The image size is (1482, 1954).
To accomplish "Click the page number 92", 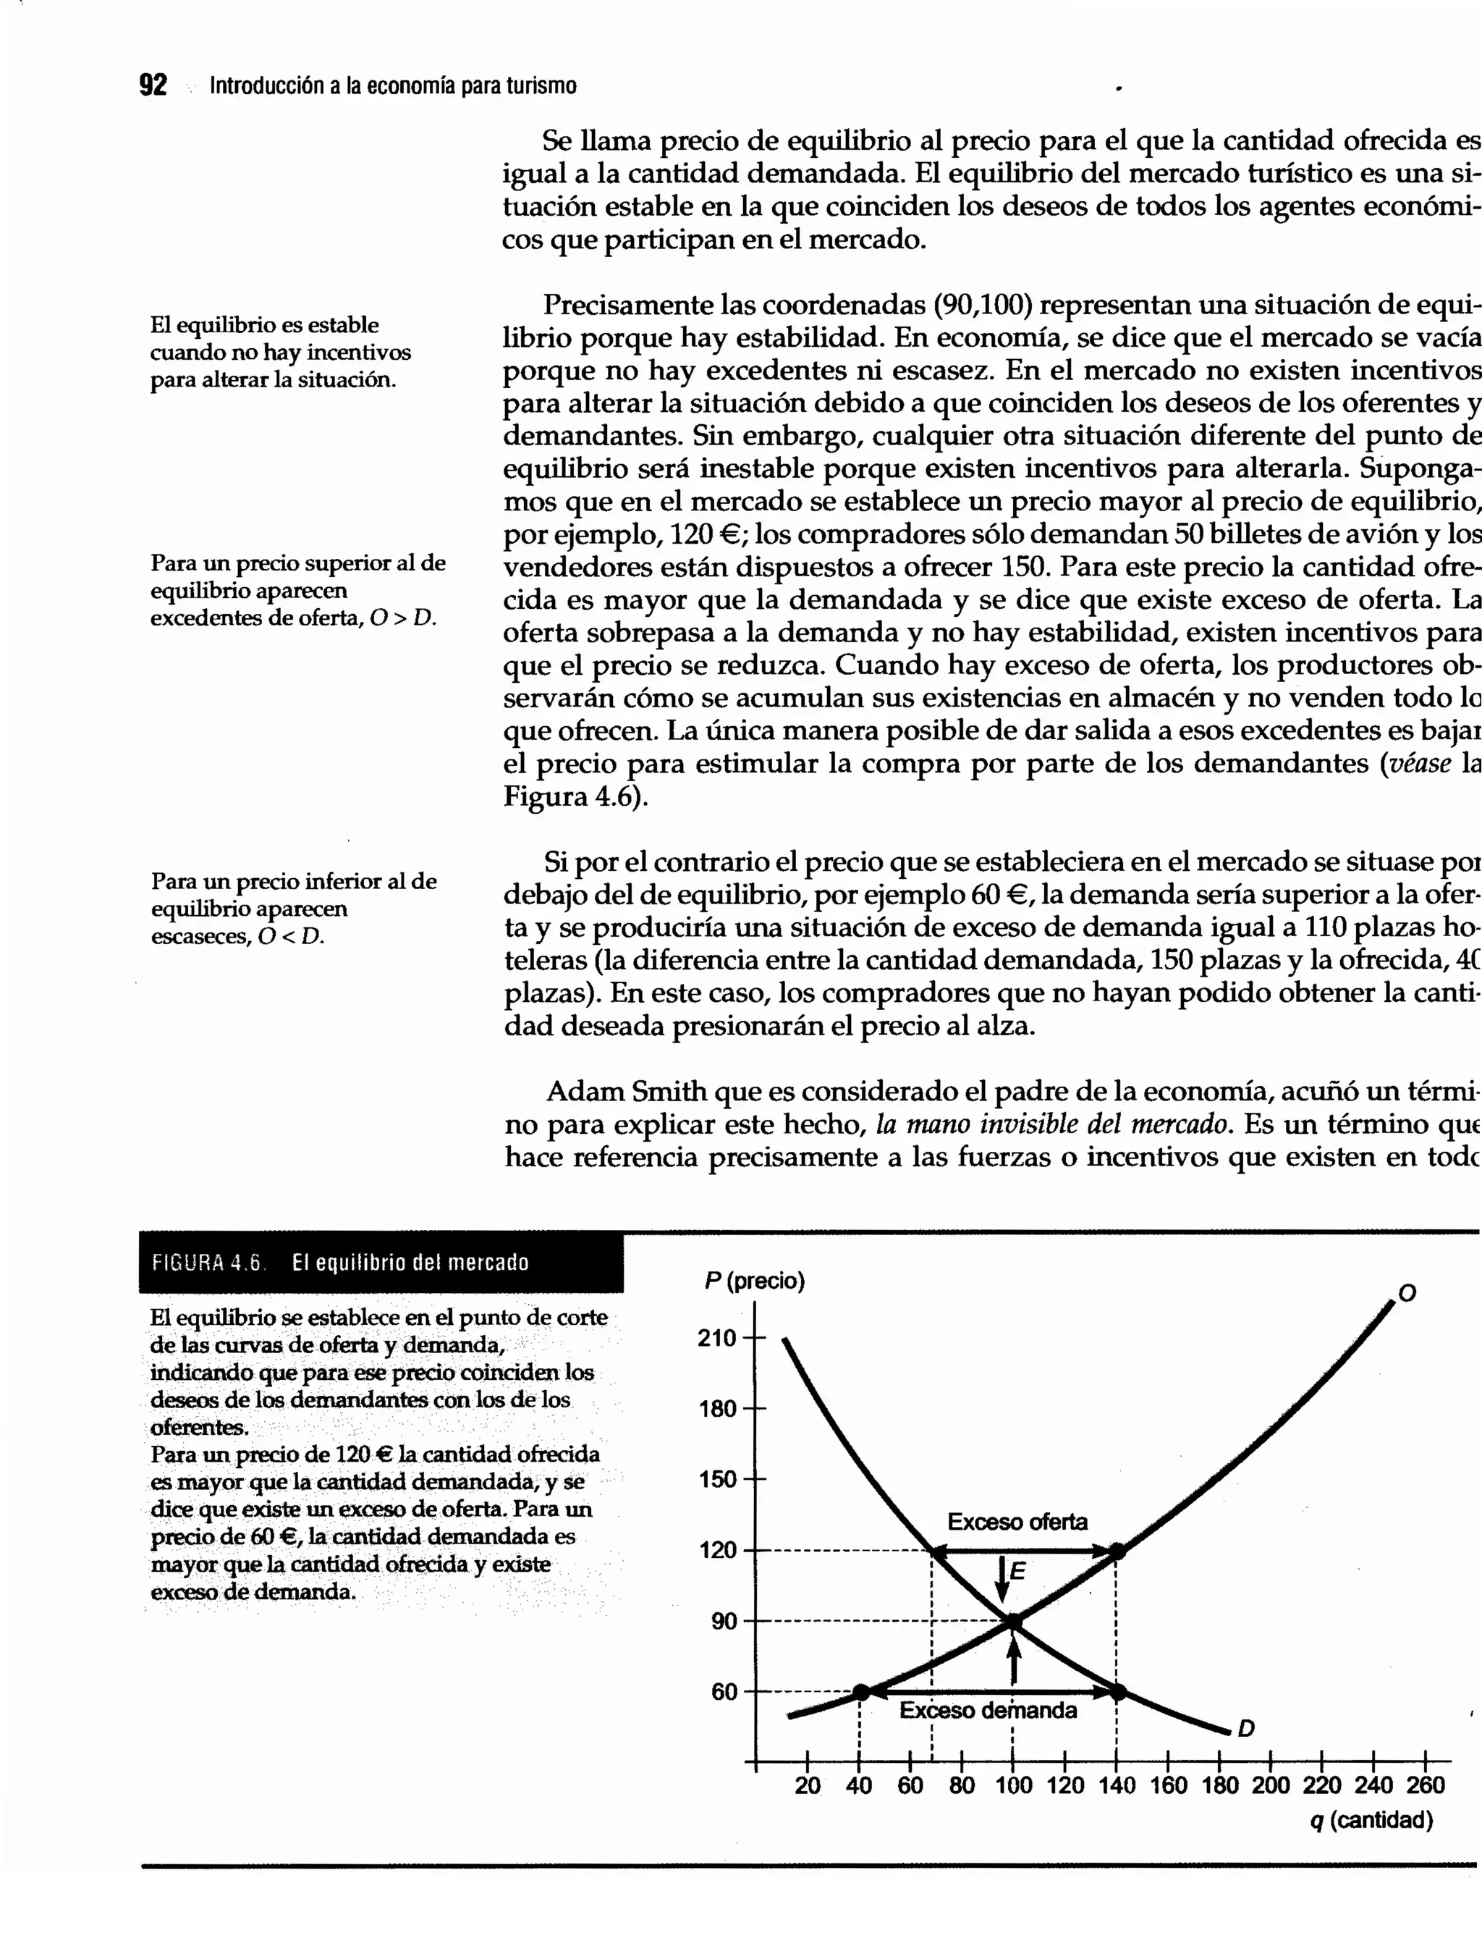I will [153, 85].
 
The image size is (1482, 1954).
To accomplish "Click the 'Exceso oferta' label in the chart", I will [1017, 1521].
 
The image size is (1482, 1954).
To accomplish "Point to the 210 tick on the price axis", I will [717, 1339].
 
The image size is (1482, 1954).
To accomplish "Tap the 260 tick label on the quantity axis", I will [1426, 1785].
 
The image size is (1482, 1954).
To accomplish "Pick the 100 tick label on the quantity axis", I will [1013, 1785].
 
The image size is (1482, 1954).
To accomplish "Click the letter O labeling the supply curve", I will [1407, 1293].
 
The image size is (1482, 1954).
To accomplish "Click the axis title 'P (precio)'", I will [754, 1281].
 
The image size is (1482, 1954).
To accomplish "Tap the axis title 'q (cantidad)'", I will [1371, 1820].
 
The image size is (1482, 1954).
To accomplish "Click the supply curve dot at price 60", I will [862, 1693].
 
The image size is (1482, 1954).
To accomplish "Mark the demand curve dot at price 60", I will [1117, 1692].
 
